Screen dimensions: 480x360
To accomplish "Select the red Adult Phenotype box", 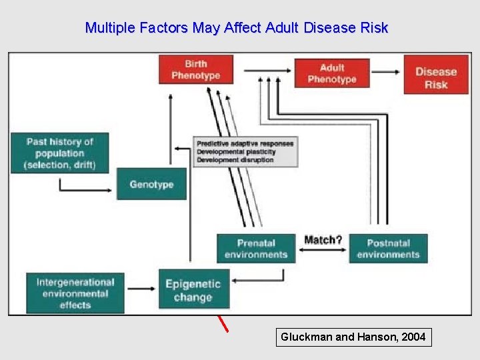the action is point(332,73).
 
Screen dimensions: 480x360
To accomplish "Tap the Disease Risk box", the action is point(436,77).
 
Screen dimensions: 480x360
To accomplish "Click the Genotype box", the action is point(151,184).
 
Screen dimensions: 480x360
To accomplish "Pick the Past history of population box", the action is point(59,153).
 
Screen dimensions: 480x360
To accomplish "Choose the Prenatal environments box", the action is point(256,249).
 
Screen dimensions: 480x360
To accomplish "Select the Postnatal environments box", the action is point(388,249).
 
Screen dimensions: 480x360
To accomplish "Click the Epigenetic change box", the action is point(193,290).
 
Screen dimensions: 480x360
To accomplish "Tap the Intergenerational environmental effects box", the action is point(75,293).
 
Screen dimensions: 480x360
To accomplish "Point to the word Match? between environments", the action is point(323,239).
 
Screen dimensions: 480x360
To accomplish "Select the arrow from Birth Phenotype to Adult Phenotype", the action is point(267,69).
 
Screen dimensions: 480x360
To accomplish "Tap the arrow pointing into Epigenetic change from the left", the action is point(141,289).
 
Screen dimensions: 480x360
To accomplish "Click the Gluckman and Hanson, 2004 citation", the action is point(353,337).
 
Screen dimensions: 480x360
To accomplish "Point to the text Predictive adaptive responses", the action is point(245,143).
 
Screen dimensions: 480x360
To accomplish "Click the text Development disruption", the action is point(235,160).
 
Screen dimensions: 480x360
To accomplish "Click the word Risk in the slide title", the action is point(373,28).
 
